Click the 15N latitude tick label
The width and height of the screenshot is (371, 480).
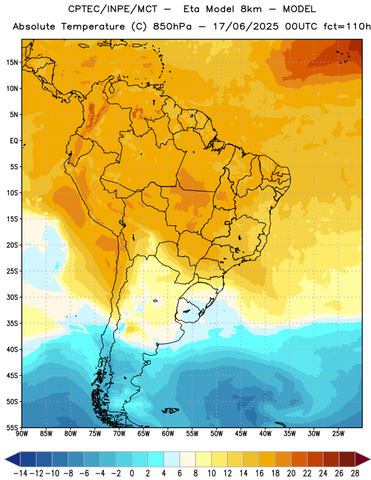coord(12,62)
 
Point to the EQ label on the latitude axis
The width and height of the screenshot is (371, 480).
coord(14,141)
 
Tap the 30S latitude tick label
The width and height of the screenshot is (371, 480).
coord(12,297)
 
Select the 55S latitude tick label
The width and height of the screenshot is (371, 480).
coord(12,428)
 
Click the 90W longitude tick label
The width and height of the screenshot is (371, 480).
coord(22,434)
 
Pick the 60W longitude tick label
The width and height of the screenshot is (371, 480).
coord(168,434)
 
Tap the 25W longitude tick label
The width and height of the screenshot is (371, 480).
coord(338,434)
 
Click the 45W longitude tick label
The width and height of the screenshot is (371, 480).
coord(241,434)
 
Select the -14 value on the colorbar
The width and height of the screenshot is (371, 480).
coord(20,473)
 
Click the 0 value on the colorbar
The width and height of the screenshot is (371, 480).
coord(132,473)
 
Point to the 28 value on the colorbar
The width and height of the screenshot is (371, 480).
coord(355,473)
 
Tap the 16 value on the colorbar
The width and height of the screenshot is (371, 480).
coord(259,473)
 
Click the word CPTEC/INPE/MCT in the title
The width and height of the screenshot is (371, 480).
coord(113,10)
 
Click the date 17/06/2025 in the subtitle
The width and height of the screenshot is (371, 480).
coord(246,26)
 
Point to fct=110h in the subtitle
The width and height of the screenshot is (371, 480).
coord(347,26)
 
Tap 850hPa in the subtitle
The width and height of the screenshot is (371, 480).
coord(172,26)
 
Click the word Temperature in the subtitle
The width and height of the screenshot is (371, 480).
coord(93,27)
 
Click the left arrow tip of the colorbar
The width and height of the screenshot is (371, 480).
coord(5,459)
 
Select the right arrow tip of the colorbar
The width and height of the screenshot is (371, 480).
coord(370,459)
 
